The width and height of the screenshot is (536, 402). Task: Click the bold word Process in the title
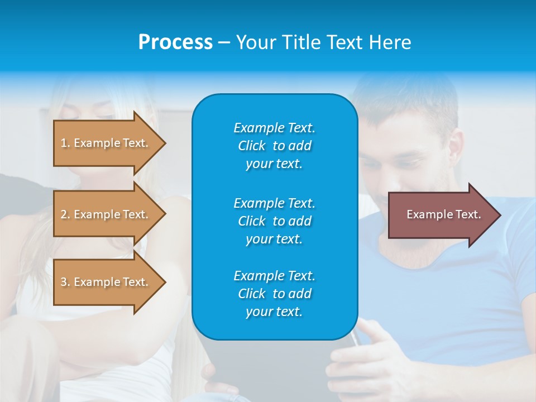[x=175, y=42]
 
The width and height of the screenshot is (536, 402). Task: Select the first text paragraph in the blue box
[x=274, y=146]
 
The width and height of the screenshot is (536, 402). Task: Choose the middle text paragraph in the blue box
[x=274, y=221]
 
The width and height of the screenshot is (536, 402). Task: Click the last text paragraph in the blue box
[x=274, y=294]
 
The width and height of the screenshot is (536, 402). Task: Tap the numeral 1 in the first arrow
[x=64, y=143]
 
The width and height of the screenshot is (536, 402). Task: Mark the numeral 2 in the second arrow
[x=64, y=214]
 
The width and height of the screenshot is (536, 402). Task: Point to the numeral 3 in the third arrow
[x=64, y=282]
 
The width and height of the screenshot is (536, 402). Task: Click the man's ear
[x=457, y=148]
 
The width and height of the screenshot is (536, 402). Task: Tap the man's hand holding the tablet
[x=357, y=357]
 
